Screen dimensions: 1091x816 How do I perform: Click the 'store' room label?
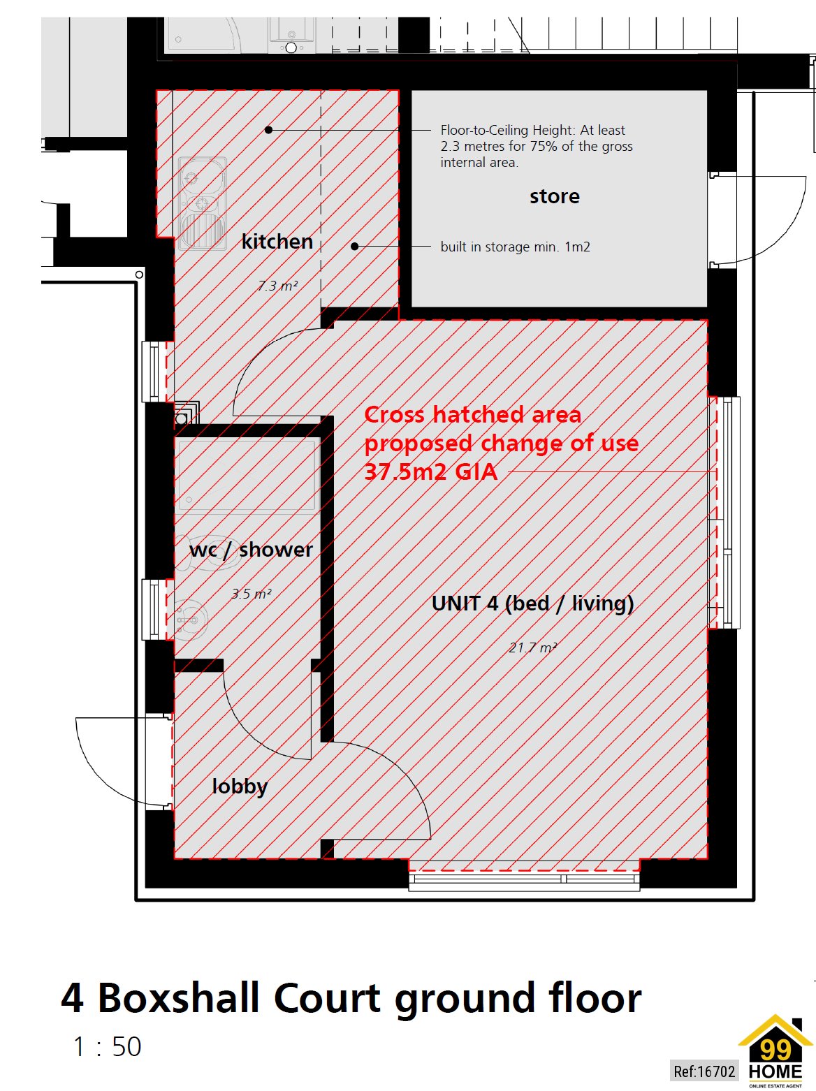(x=554, y=196)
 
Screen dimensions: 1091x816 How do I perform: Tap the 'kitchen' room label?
(x=277, y=242)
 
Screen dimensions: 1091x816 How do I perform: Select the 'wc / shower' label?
(x=251, y=550)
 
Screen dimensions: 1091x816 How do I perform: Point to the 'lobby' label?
(x=240, y=786)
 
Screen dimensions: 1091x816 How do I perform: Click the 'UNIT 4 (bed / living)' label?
(x=532, y=603)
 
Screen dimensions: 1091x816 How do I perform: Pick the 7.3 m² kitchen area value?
(x=277, y=286)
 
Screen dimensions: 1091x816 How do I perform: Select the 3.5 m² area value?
(x=251, y=594)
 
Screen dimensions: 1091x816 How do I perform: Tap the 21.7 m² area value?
(x=532, y=647)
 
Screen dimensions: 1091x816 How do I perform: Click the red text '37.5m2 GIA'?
(x=431, y=472)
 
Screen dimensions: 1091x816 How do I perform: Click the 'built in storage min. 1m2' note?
(x=515, y=247)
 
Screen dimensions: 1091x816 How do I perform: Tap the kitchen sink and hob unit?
(x=202, y=203)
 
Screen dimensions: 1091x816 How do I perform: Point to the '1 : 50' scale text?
(x=107, y=1046)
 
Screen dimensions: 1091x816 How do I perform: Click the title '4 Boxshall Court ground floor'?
(x=351, y=997)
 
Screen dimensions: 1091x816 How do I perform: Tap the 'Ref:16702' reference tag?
(x=704, y=1071)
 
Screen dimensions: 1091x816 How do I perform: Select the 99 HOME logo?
(x=775, y=1051)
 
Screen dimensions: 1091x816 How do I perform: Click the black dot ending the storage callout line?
(x=355, y=247)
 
